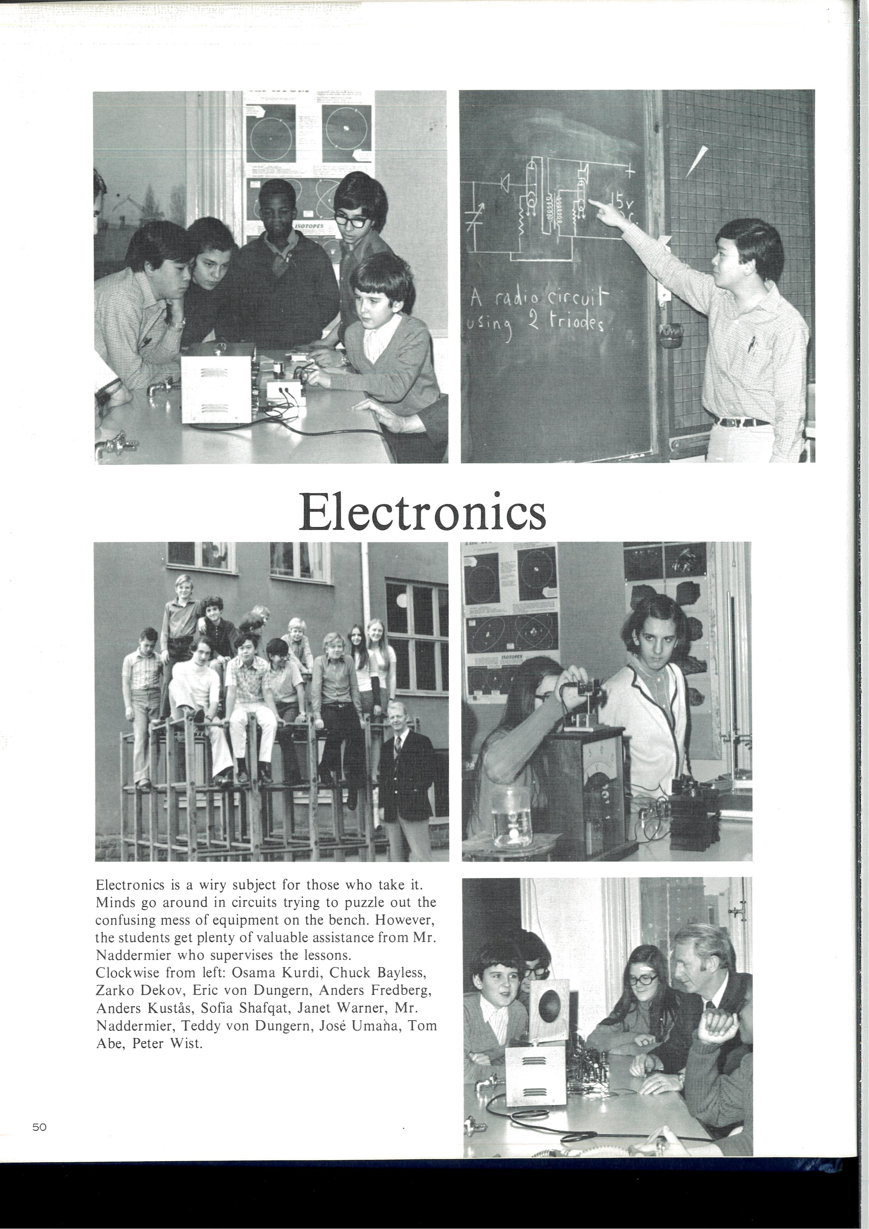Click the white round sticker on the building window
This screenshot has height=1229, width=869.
(x=401, y=601)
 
